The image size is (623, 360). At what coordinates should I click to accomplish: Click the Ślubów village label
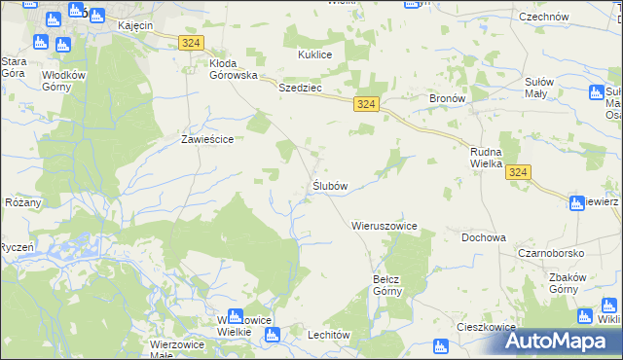[x=330, y=185]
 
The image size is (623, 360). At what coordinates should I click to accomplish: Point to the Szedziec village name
[x=300, y=87]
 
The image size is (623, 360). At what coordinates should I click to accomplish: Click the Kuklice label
[x=315, y=54]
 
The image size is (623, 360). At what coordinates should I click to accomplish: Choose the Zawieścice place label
[x=207, y=139]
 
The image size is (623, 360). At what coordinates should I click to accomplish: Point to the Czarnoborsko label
[x=551, y=253]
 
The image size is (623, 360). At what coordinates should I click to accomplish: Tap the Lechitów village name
[x=301, y=334]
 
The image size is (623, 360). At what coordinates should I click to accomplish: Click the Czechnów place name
[x=543, y=17]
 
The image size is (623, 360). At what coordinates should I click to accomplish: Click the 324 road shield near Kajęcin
[x=191, y=42]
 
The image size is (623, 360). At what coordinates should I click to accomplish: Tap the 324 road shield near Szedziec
[x=366, y=104]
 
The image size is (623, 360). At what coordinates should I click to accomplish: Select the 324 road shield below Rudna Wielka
[x=519, y=172]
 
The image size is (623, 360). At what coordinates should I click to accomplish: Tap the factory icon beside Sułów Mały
[x=598, y=93]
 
